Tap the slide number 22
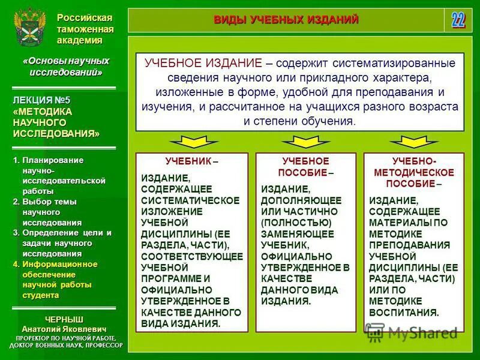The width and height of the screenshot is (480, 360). pyautogui.click(x=458, y=20)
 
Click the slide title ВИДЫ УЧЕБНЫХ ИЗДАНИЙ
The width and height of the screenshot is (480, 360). pyautogui.click(x=286, y=20)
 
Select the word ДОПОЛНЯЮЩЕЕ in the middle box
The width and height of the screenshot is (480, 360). pyautogui.click(x=302, y=200)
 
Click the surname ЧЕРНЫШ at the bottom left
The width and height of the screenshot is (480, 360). pyautogui.click(x=64, y=319)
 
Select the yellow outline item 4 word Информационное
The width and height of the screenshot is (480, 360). pyautogui.click(x=59, y=264)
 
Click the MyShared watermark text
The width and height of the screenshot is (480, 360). pyautogui.click(x=423, y=332)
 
